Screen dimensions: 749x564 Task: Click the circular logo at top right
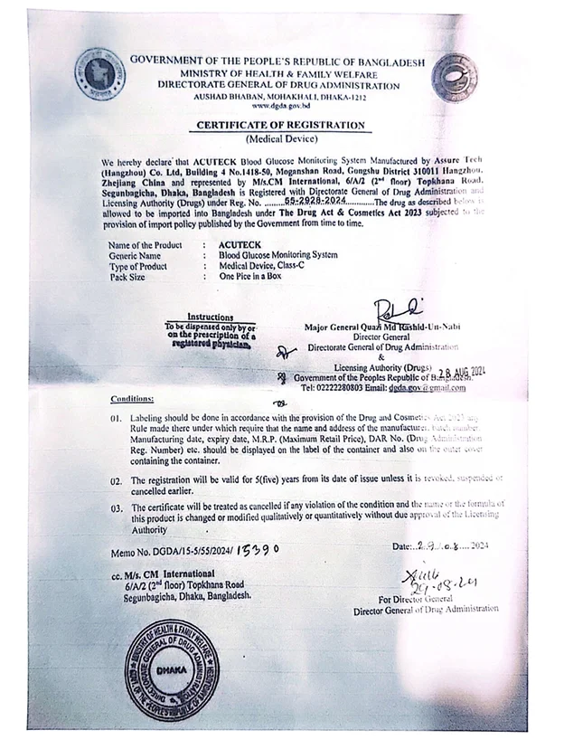coord(454,76)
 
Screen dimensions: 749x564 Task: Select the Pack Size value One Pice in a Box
coord(250,276)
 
